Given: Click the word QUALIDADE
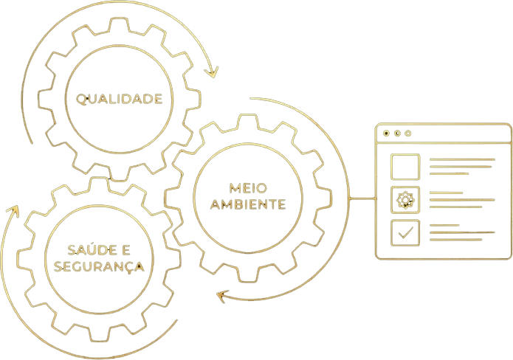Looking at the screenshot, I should point(114,99).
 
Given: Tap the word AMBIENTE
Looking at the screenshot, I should point(247,204).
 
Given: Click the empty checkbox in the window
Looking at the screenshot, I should point(404,167).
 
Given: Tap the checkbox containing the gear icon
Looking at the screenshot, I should point(404,199).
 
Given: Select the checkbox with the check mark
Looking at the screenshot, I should point(404,232).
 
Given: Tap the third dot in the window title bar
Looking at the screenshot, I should point(408,134).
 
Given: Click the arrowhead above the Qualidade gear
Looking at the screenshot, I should point(213,72).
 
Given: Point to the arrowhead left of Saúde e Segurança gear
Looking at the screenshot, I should point(12,212).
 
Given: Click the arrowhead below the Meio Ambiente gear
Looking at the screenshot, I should point(221,297).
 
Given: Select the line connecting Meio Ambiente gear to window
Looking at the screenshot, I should point(362,198).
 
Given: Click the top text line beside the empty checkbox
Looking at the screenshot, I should point(461,159).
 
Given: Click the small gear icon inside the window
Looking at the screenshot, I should point(404,199).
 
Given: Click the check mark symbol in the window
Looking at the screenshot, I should point(404,232).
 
